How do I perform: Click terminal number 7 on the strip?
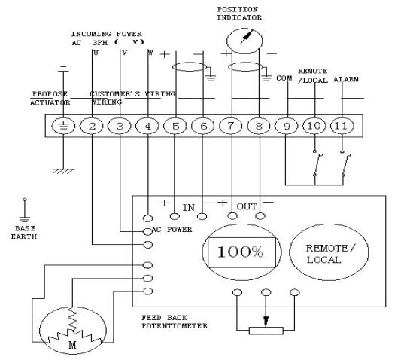[231, 126]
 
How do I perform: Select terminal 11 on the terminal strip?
[342, 126]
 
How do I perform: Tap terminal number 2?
[92, 126]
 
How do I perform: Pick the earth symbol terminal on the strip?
[63, 126]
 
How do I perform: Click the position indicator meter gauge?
[244, 41]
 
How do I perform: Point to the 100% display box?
[241, 252]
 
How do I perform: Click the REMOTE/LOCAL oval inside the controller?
[329, 252]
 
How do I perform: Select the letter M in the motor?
[72, 345]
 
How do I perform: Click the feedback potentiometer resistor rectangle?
[266, 331]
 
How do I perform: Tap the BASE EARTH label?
[24, 233]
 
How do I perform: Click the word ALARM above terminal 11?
[346, 79]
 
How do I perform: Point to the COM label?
[284, 78]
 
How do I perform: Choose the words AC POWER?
[172, 230]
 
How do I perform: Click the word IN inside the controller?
[189, 208]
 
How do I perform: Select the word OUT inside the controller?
[247, 206]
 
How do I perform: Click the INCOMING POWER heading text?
[106, 34]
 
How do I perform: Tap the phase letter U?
[96, 53]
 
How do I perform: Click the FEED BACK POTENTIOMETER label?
[175, 322]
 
